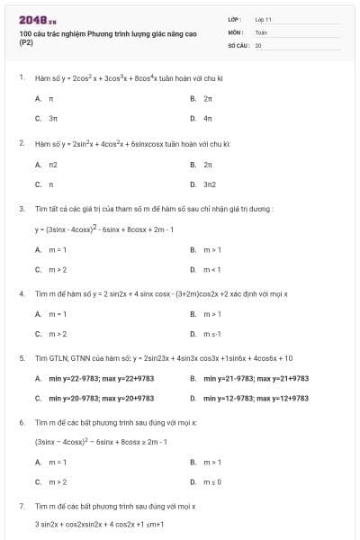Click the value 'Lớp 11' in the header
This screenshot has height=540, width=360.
[x=263, y=19]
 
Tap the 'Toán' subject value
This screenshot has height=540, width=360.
[x=261, y=31]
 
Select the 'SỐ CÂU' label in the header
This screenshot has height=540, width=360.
[x=236, y=44]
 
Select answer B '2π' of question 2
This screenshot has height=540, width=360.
[x=208, y=165]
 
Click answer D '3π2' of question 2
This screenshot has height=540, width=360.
[x=210, y=185]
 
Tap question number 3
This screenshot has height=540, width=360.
[x=22, y=209]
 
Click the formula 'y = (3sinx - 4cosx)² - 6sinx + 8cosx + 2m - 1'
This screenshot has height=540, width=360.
[x=103, y=229]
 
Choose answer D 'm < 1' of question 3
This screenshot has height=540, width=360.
[x=212, y=269]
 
